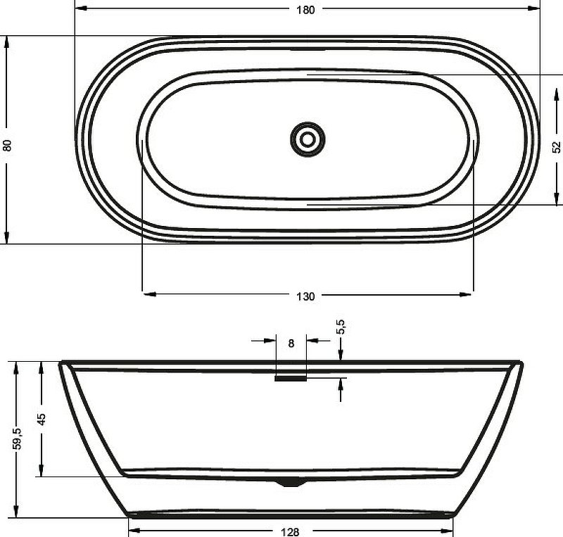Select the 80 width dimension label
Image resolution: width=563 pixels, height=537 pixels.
point(8,146)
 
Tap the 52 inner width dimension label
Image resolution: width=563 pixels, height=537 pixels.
point(556,146)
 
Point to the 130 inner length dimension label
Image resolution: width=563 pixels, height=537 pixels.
point(306,296)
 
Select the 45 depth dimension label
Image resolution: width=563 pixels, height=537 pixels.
point(42,418)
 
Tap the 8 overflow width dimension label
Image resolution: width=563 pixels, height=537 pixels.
point(291,343)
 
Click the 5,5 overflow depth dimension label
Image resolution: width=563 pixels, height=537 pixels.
point(341,327)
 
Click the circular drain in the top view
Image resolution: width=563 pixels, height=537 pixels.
point(308,139)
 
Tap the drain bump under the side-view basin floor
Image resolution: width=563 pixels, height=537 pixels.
point(291,482)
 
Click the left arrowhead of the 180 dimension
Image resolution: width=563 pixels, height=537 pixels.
point(79,9)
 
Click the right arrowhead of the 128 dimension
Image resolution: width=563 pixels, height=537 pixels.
point(447,531)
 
